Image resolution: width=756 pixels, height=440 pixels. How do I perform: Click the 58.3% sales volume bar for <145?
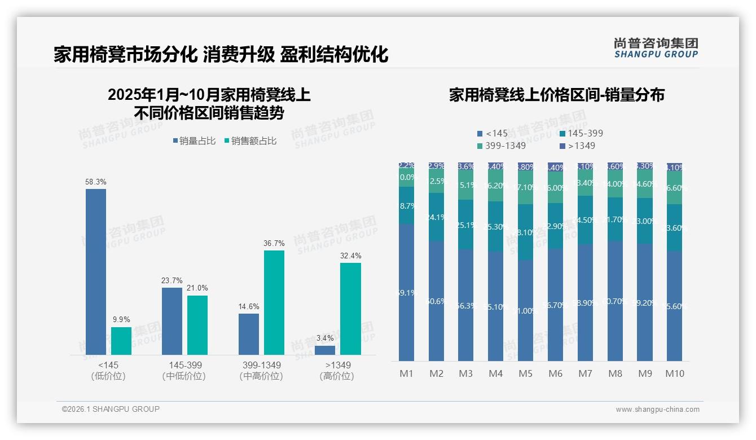coord(96,271)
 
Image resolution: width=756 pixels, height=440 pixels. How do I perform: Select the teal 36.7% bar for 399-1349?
coord(274,302)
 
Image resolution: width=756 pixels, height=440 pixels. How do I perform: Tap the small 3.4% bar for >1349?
coord(325,350)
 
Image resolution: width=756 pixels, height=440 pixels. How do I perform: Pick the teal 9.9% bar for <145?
coord(121,341)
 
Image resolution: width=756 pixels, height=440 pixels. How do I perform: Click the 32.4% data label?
coord(351,256)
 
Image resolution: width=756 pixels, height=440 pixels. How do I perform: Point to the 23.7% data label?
coord(172,280)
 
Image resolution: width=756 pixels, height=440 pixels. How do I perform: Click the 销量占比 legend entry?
coord(194,141)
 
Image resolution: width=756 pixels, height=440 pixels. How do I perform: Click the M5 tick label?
coord(525,373)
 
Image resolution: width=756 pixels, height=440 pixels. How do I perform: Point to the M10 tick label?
coord(675,373)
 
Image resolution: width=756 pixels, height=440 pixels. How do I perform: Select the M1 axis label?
coord(406,373)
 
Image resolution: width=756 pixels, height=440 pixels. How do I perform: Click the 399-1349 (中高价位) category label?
coord(261,371)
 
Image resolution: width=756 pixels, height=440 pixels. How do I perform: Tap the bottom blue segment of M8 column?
coord(615,301)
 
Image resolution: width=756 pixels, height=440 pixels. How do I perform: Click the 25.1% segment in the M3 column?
coord(465,225)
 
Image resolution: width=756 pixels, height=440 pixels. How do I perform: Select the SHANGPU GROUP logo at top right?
coord(656,48)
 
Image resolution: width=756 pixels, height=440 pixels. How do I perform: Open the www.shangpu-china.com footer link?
coord(657,410)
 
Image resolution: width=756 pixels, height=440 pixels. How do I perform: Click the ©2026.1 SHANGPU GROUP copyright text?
coord(111,409)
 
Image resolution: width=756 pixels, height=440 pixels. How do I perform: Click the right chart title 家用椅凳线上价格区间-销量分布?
coord(556,95)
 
